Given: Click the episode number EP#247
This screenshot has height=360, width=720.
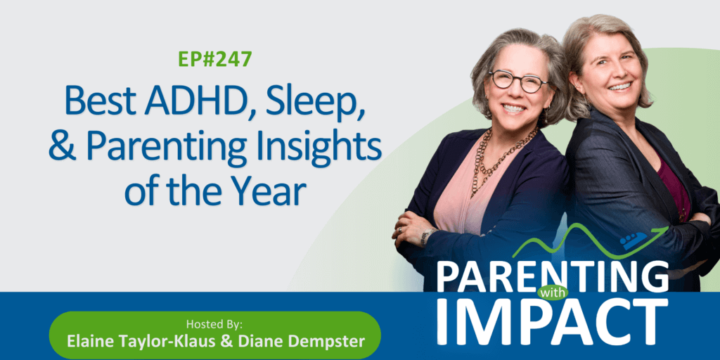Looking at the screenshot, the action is pyautogui.click(x=215, y=60).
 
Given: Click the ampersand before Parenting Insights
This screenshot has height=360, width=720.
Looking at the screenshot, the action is pyautogui.click(x=64, y=144).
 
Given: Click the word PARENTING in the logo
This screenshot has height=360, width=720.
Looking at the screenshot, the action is pyautogui.click(x=553, y=277).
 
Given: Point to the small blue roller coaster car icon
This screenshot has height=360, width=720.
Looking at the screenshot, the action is pyautogui.click(x=634, y=240).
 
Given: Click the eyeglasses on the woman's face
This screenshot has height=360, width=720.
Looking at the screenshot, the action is pyautogui.click(x=519, y=81).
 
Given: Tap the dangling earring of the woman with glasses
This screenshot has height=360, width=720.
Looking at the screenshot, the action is pyautogui.click(x=546, y=113).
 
